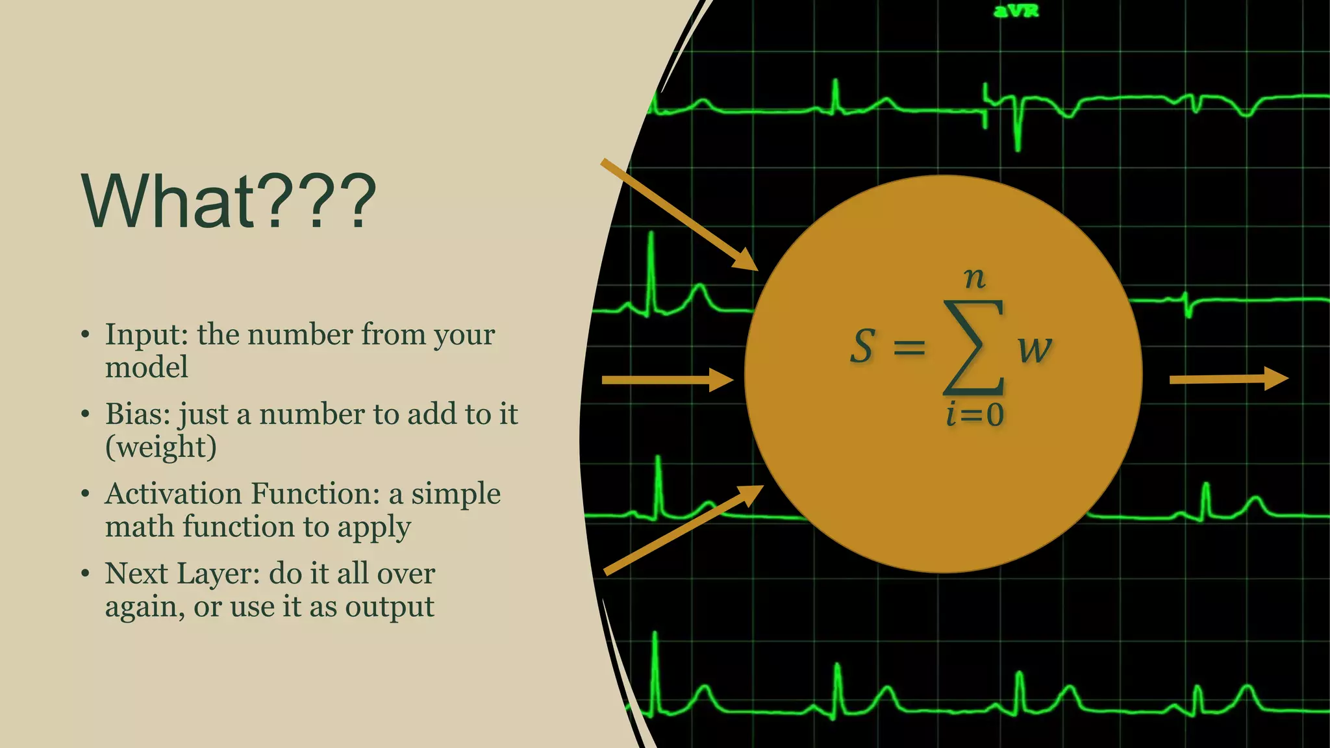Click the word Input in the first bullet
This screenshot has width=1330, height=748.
coord(146,335)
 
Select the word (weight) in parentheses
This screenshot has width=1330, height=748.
coord(160,447)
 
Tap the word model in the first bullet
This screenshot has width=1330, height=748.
coord(147,368)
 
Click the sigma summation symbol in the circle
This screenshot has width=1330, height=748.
coord(973,347)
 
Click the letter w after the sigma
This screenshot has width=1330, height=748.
coord(1034,349)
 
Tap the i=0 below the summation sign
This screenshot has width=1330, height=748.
coord(974,414)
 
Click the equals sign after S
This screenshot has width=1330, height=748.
coord(909,348)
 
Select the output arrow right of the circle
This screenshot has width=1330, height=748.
coord(1227,379)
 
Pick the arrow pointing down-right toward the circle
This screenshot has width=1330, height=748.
coord(679,214)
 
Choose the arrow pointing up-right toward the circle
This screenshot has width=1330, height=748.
coord(682,530)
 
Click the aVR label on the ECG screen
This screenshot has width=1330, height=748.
coord(1016,11)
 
